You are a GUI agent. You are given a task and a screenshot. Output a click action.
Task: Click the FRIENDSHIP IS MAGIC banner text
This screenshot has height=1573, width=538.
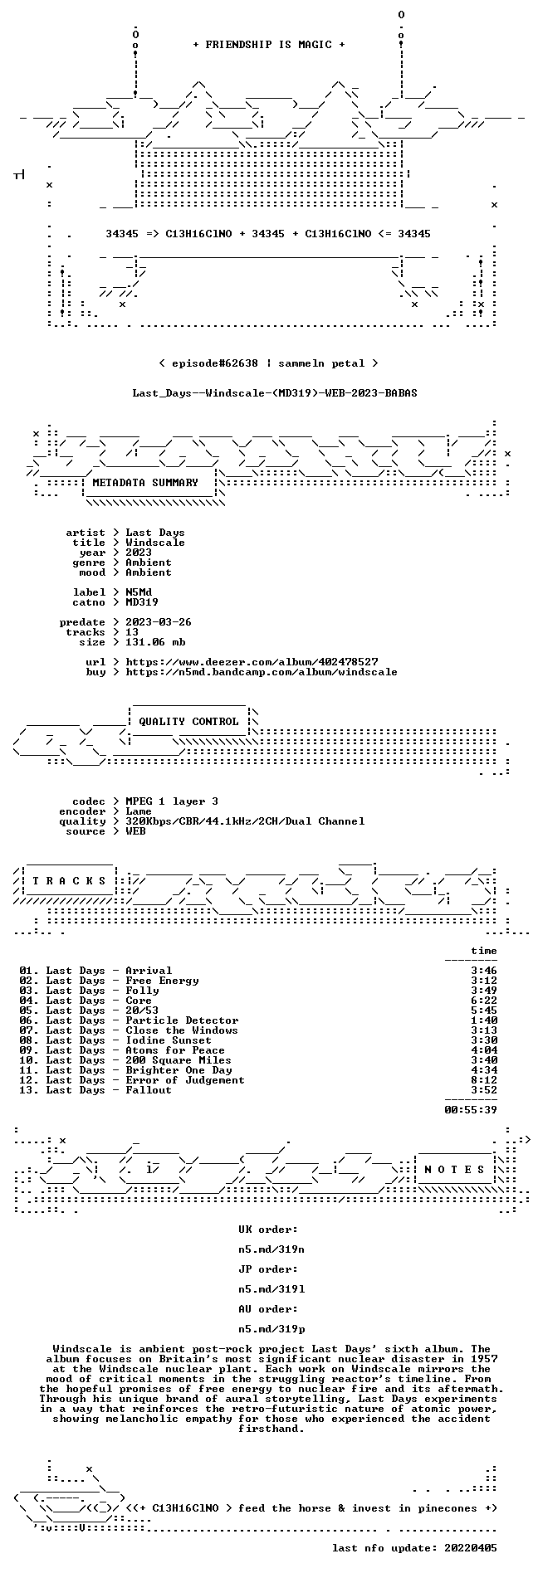pyautogui.click(x=268, y=45)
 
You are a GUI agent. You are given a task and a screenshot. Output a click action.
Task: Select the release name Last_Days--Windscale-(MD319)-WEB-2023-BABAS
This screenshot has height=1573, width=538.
pyautogui.click(x=275, y=393)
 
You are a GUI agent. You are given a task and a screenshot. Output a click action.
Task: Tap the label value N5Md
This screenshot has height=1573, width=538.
pyautogui.click(x=139, y=592)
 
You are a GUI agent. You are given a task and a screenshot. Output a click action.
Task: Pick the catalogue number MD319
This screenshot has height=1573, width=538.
pyautogui.click(x=142, y=602)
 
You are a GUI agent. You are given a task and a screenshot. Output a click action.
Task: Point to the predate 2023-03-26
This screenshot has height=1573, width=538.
pyautogui.click(x=159, y=622)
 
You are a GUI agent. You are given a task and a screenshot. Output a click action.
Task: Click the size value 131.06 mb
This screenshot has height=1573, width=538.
pyautogui.click(x=155, y=642)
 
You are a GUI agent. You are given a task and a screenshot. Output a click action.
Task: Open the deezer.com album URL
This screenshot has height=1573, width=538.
pyautogui.click(x=252, y=662)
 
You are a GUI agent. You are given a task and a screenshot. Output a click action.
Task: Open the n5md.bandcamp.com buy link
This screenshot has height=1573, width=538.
pyautogui.click(x=262, y=672)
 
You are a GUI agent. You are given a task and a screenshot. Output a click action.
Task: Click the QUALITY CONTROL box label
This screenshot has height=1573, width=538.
pyautogui.click(x=188, y=722)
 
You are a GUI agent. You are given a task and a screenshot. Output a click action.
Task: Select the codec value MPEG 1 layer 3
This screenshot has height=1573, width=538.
pyautogui.click(x=172, y=801)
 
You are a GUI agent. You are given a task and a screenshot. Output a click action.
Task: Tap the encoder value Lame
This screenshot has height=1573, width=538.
pyautogui.click(x=139, y=811)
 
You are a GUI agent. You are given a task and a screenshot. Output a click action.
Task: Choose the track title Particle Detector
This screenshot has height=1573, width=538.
pyautogui.click(x=182, y=1020)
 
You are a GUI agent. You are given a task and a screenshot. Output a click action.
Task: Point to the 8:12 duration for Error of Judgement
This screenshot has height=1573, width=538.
pyautogui.click(x=484, y=1080)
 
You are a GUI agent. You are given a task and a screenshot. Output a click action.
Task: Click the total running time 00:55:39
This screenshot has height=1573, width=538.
pyautogui.click(x=471, y=1110)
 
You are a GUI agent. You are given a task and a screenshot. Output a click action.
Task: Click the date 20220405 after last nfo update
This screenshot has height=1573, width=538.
pyautogui.click(x=471, y=1548)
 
